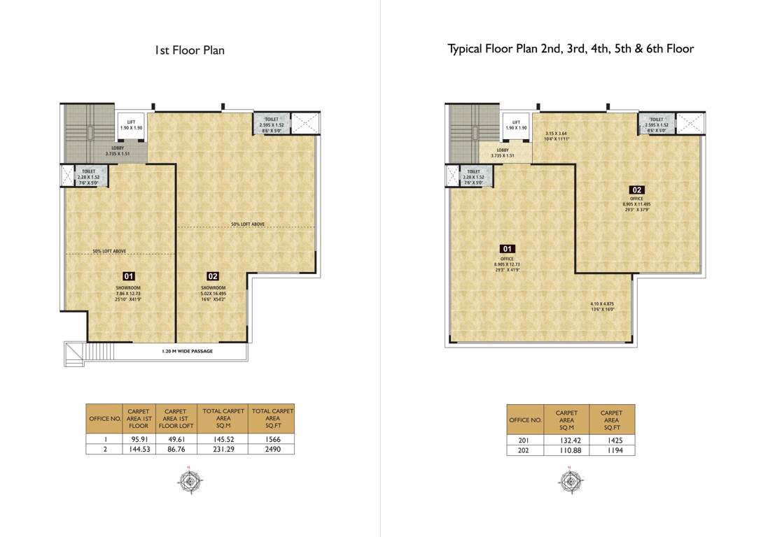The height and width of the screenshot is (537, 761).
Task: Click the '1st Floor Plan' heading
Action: tap(190, 50)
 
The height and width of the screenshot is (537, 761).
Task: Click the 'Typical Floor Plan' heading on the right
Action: tap(571, 49)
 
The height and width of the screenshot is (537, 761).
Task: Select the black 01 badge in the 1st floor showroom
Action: tap(129, 276)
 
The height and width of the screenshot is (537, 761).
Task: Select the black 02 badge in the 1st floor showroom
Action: tap(213, 276)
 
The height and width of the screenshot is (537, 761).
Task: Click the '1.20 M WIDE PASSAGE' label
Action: tap(183, 351)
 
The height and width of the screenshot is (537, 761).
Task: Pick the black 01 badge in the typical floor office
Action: tap(508, 249)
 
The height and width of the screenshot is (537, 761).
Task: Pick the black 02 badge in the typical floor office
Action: tap(636, 189)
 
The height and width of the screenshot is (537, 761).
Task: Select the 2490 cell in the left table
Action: tap(272, 450)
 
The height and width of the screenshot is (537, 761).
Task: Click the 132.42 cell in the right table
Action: tap(566, 441)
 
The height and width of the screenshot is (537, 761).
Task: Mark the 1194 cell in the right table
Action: tap(612, 450)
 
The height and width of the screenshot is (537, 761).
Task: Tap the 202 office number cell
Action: tap(525, 450)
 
